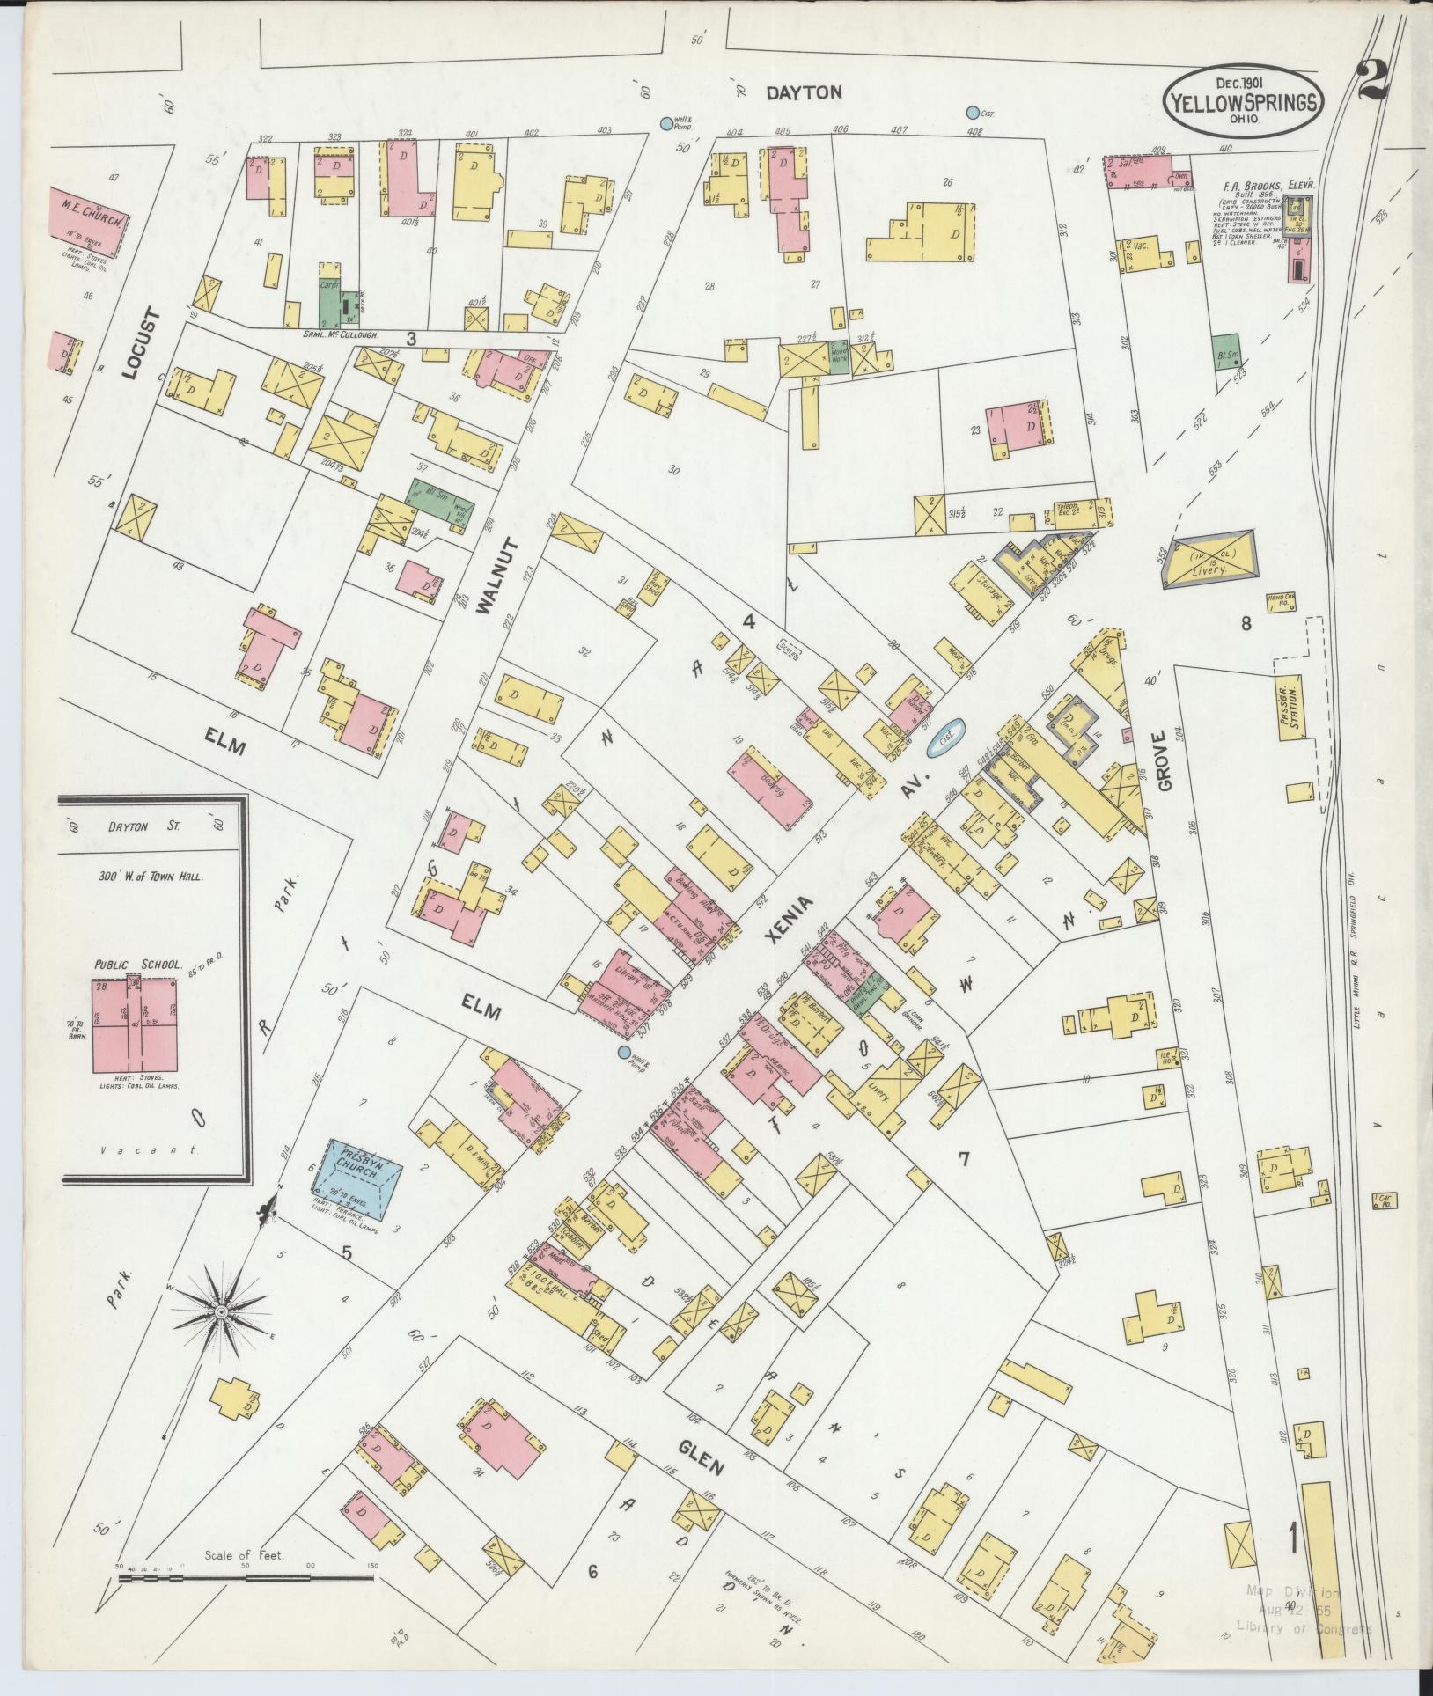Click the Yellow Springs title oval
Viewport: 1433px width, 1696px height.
[1243, 101]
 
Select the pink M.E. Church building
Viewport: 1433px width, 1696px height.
[88, 223]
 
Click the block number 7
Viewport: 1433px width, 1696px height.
[964, 1158]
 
